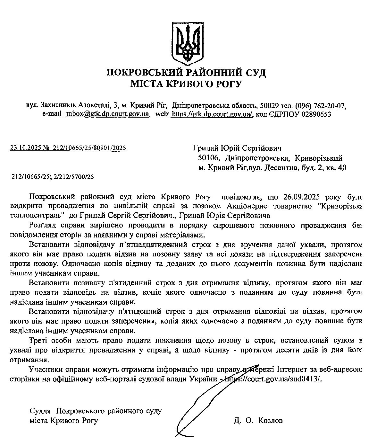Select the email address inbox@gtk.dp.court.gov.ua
[108, 114]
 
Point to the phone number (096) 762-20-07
[321, 105]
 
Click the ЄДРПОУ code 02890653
[316, 114]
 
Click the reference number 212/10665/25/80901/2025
[89, 148]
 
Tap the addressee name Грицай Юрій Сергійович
[237, 148]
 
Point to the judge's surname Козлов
[270, 421]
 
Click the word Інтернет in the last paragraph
[291, 370]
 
